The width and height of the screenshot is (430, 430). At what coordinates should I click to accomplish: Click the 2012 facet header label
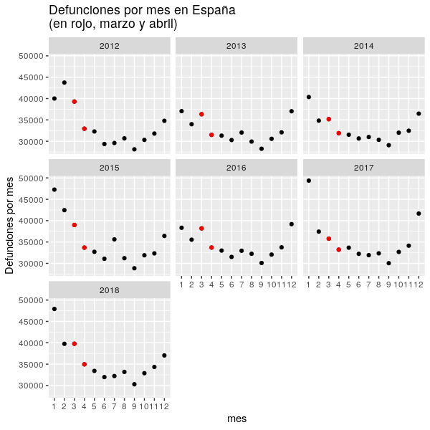point(110,46)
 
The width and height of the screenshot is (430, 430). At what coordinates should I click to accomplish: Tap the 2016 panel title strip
point(236,168)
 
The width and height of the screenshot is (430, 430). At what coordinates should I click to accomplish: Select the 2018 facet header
point(110,290)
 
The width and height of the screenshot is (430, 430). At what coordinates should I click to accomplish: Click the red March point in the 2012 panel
point(75,102)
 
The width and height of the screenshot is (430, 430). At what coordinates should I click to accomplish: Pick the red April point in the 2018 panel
point(85,364)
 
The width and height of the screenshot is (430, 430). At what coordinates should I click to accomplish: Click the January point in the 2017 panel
point(309,181)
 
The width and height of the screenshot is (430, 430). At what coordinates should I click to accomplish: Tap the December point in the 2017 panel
point(419,214)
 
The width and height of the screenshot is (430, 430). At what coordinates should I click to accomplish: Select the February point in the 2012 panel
point(64,82)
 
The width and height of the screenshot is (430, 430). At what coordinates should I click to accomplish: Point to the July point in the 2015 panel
point(115,239)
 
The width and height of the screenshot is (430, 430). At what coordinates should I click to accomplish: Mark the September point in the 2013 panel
point(262,149)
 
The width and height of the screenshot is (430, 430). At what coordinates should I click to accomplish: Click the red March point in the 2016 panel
point(201,228)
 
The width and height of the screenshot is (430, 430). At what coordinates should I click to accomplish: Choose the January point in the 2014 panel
point(309,97)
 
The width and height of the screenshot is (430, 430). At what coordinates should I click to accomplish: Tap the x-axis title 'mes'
point(236,419)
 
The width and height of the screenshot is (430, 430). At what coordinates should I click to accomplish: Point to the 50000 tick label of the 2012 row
point(34,56)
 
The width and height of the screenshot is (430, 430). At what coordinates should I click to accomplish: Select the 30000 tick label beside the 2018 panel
point(34,386)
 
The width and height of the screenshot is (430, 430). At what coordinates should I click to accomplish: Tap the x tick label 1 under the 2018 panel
point(54,408)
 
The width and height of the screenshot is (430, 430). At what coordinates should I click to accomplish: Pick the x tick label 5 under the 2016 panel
point(221,286)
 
